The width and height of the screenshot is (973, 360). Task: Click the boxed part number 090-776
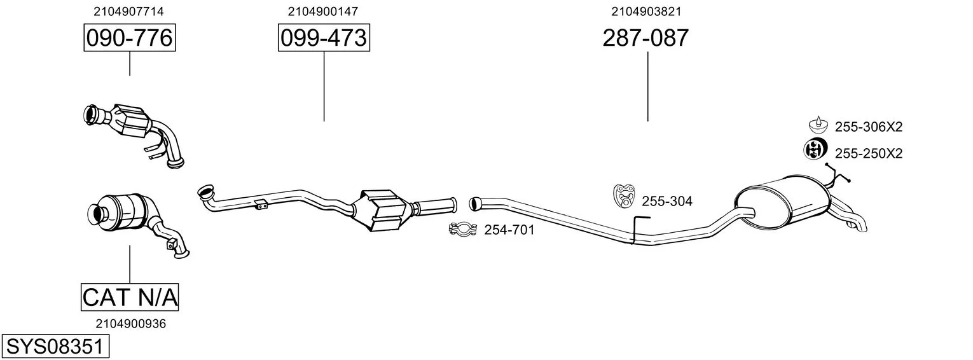coord(130,38)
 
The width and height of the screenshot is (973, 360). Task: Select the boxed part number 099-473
coord(324,38)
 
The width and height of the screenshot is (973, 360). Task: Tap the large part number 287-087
coord(645,38)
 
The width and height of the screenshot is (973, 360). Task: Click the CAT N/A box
coord(130,297)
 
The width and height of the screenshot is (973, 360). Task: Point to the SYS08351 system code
coord(55,347)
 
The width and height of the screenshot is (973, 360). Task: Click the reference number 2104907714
coord(128,11)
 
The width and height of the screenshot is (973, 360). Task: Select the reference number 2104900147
coord(322,11)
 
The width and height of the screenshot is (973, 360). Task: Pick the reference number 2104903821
coord(646,11)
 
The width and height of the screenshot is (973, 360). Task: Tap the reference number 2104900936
coord(131,324)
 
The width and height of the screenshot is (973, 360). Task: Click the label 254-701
coord(509,230)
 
